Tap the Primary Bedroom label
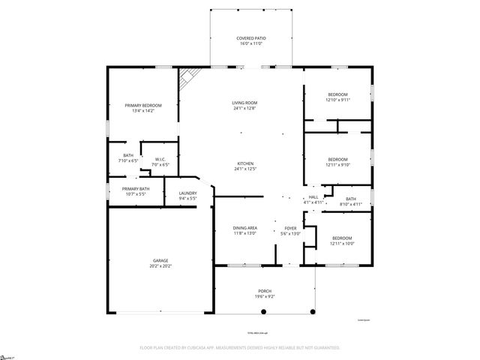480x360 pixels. point(142,106)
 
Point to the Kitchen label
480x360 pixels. point(246,163)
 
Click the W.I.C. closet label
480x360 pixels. point(160,159)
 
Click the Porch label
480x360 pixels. point(265,291)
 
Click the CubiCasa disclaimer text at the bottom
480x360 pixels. point(239,347)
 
